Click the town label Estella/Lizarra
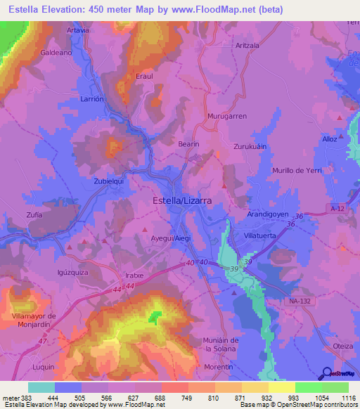click(x=182, y=200)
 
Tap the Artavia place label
click(x=77, y=30)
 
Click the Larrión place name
click(x=92, y=99)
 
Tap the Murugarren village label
click(x=227, y=115)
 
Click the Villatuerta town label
click(x=263, y=237)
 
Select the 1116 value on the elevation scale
click(x=347, y=397)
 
